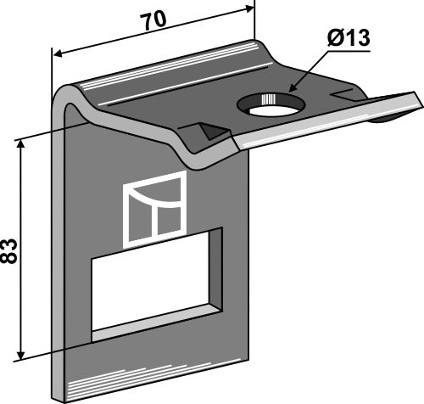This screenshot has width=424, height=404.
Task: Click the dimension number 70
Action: (154, 20)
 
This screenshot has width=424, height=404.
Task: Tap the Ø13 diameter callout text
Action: (349, 38)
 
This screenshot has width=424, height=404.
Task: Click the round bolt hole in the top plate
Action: (271, 104)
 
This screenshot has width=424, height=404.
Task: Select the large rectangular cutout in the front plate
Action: (156, 285)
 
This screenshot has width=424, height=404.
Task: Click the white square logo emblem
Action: (154, 210)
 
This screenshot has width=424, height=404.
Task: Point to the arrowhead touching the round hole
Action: (293, 87)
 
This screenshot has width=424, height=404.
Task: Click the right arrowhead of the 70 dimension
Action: (249, 9)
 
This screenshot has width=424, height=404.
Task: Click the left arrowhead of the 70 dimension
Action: (58, 53)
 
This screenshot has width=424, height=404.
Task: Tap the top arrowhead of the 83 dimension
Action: (20, 144)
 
